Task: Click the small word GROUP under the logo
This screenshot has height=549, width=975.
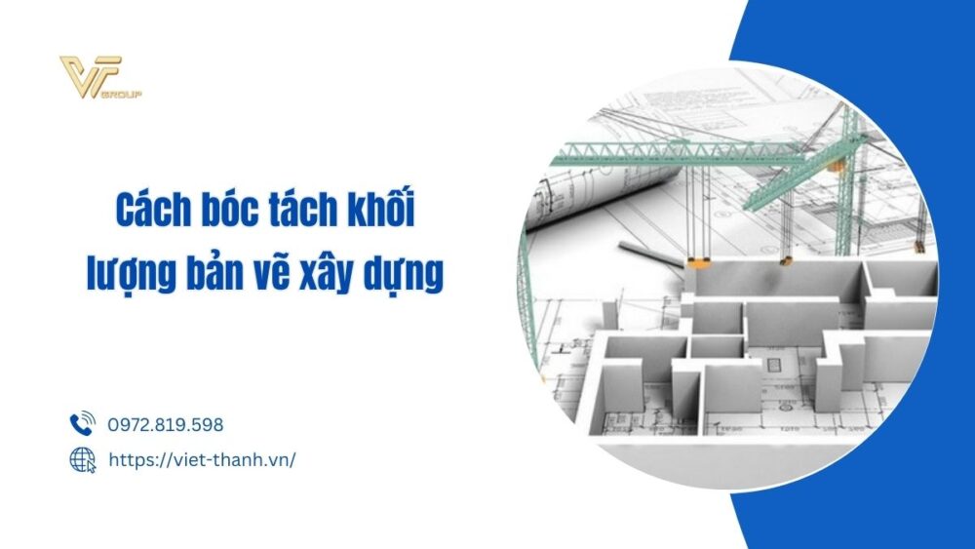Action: pyautogui.click(x=129, y=96)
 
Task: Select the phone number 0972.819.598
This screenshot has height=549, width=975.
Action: pyautogui.click(x=165, y=425)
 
